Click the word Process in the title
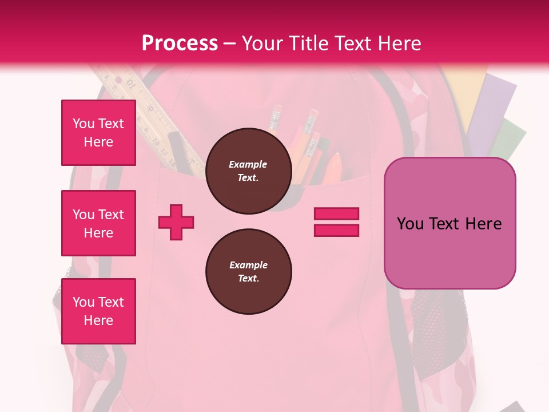[180, 43]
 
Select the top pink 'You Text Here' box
[98, 133]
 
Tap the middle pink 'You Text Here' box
[98, 223]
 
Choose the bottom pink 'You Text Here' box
[98, 311]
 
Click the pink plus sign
[176, 222]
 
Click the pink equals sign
[336, 222]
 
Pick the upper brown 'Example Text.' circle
[248, 171]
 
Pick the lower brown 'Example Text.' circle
[248, 272]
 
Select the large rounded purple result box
[449, 223]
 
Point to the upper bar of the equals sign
[336, 214]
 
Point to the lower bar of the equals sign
[336, 231]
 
